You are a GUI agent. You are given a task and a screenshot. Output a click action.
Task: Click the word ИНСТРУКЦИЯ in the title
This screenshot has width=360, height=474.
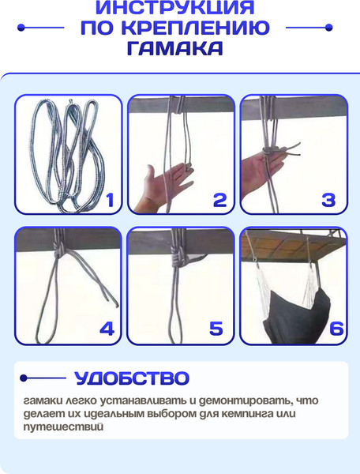coord(175,7)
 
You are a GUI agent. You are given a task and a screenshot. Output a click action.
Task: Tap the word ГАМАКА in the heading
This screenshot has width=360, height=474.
coord(175,47)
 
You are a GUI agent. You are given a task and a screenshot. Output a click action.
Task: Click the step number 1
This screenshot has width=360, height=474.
coord(110,200)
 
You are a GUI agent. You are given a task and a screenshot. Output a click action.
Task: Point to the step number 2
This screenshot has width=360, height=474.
coord(219,200)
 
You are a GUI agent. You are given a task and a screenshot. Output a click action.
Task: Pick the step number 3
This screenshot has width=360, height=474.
coord(328,200)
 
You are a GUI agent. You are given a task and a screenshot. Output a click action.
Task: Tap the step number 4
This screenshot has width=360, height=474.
coord(107,329)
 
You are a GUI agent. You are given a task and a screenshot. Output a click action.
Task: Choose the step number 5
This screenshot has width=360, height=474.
coord(216,329)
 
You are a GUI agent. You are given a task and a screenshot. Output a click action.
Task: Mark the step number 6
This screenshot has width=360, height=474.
coord(336,329)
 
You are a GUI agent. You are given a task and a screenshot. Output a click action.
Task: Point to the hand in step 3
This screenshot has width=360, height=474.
coord(261,169)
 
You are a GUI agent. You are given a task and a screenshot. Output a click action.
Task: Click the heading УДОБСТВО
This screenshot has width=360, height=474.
coord(132,378)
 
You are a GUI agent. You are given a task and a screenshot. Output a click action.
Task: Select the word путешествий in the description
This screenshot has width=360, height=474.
coord(63,427)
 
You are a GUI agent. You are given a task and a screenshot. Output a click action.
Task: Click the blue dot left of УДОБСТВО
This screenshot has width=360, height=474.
coord(24,378)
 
